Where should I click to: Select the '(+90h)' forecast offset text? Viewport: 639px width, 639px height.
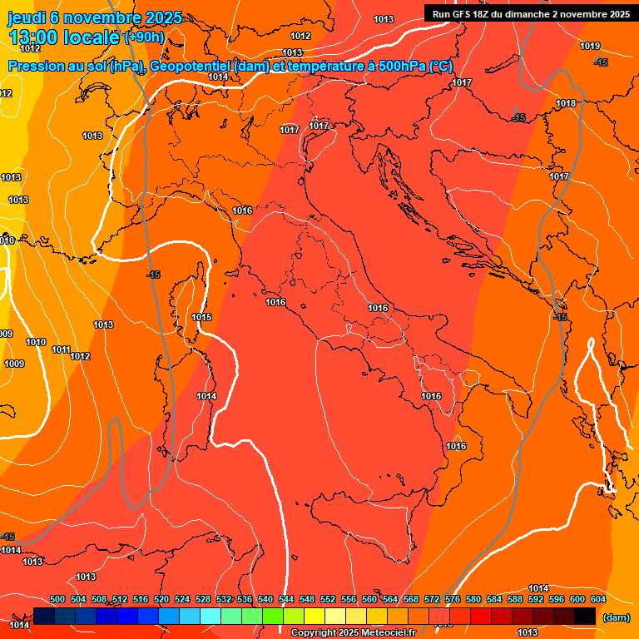[x=144, y=37]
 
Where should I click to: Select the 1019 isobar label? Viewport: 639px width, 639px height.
[x=590, y=46]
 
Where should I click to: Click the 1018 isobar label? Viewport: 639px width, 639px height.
[x=566, y=103]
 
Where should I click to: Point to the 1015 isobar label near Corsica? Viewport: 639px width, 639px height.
[x=201, y=317]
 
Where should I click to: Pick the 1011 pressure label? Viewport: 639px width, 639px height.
[x=61, y=349]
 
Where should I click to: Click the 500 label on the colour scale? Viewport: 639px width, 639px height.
[x=57, y=599]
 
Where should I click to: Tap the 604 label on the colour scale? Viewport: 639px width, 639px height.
[x=598, y=599]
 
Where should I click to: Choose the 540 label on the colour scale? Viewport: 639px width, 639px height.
[x=265, y=599]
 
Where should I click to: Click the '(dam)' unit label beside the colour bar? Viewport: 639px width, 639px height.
[x=616, y=617]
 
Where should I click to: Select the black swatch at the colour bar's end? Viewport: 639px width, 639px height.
[x=585, y=616]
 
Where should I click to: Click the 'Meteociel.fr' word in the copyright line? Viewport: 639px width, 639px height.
[x=387, y=632]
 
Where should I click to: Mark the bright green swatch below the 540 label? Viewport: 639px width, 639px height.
[x=273, y=616]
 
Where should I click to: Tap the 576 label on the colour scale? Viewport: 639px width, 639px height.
[x=453, y=599]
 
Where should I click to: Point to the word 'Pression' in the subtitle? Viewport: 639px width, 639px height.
[x=32, y=66]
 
